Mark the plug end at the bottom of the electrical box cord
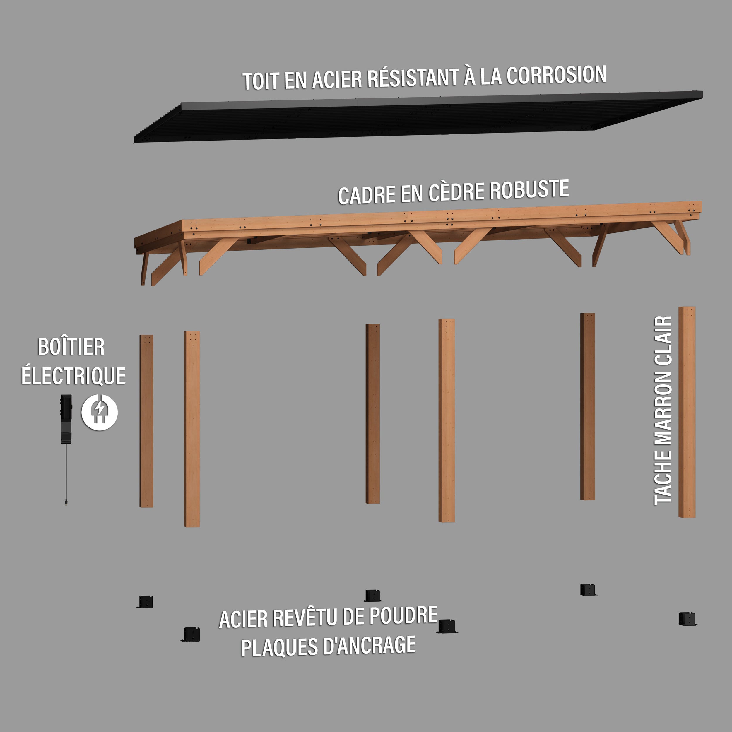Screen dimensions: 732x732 point(66,502)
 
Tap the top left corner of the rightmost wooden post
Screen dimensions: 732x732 point(679,307)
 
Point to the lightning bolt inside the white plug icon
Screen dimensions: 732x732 point(100,409)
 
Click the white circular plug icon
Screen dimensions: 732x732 point(100,412)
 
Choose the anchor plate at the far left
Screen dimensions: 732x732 point(146,602)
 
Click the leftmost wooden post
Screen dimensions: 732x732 point(146,421)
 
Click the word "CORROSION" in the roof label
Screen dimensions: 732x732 point(556,75)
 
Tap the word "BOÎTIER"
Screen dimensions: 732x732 point(71,347)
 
